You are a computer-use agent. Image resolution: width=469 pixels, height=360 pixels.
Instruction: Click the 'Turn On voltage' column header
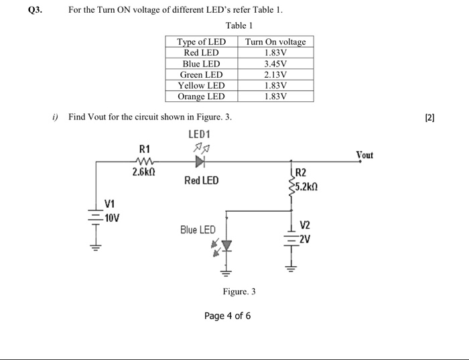click(275, 42)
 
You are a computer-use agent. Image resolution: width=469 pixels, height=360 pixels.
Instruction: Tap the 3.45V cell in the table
click(275, 64)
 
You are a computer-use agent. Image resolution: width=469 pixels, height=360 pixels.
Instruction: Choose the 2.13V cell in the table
click(275, 74)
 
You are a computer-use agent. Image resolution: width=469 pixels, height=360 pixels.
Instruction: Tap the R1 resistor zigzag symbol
click(145, 162)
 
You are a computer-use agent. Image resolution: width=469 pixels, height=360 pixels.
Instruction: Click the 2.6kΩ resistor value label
click(145, 173)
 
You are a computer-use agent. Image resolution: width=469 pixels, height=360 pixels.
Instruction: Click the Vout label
click(364, 155)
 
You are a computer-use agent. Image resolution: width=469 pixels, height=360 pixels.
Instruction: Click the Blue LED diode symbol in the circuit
click(226, 247)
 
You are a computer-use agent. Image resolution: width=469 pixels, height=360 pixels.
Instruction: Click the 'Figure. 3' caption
click(239, 292)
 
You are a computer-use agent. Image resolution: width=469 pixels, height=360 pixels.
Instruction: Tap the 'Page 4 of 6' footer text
click(228, 316)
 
